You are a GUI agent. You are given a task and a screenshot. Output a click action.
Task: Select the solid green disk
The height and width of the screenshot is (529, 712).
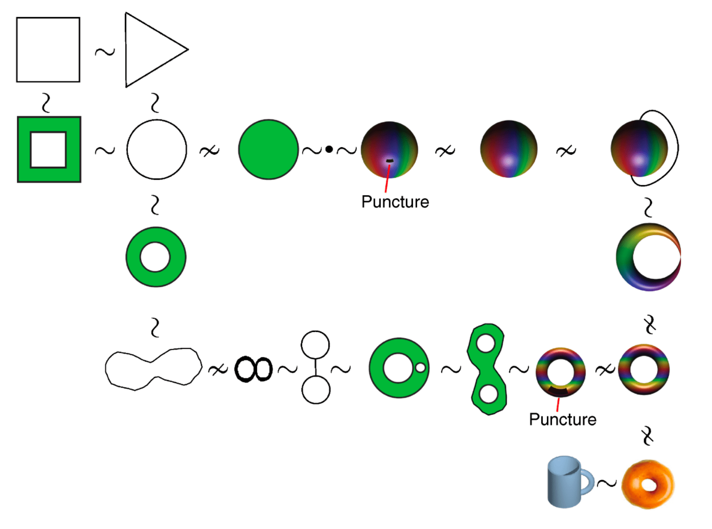click(268, 149)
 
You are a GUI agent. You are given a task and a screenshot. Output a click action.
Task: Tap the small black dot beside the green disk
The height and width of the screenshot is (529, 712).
click(329, 149)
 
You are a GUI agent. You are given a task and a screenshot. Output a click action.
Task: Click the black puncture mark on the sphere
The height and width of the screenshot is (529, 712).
click(389, 161)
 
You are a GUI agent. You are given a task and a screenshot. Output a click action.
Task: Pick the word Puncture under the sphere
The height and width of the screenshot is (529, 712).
click(395, 202)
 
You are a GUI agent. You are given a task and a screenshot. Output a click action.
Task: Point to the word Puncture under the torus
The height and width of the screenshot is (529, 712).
click(562, 419)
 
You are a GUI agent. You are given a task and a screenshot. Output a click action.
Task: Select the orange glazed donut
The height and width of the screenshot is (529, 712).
click(648, 484)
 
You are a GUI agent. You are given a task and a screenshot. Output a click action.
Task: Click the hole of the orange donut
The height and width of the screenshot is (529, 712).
click(649, 485)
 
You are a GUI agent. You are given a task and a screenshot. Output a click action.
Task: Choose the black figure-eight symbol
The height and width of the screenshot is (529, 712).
click(253, 369)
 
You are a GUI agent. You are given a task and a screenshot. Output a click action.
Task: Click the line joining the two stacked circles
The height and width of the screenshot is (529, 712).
click(316, 367)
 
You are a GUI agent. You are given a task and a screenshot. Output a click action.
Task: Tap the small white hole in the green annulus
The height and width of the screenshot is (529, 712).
click(420, 367)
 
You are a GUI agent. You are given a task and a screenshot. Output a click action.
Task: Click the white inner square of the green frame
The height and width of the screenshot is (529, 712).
click(48, 150)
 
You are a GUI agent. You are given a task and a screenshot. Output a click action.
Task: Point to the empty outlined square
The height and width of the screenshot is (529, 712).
click(48, 50)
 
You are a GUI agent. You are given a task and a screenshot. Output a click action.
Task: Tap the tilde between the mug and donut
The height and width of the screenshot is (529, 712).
click(607, 483)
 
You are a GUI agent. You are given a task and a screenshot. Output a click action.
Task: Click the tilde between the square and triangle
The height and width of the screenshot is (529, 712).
click(105, 52)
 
